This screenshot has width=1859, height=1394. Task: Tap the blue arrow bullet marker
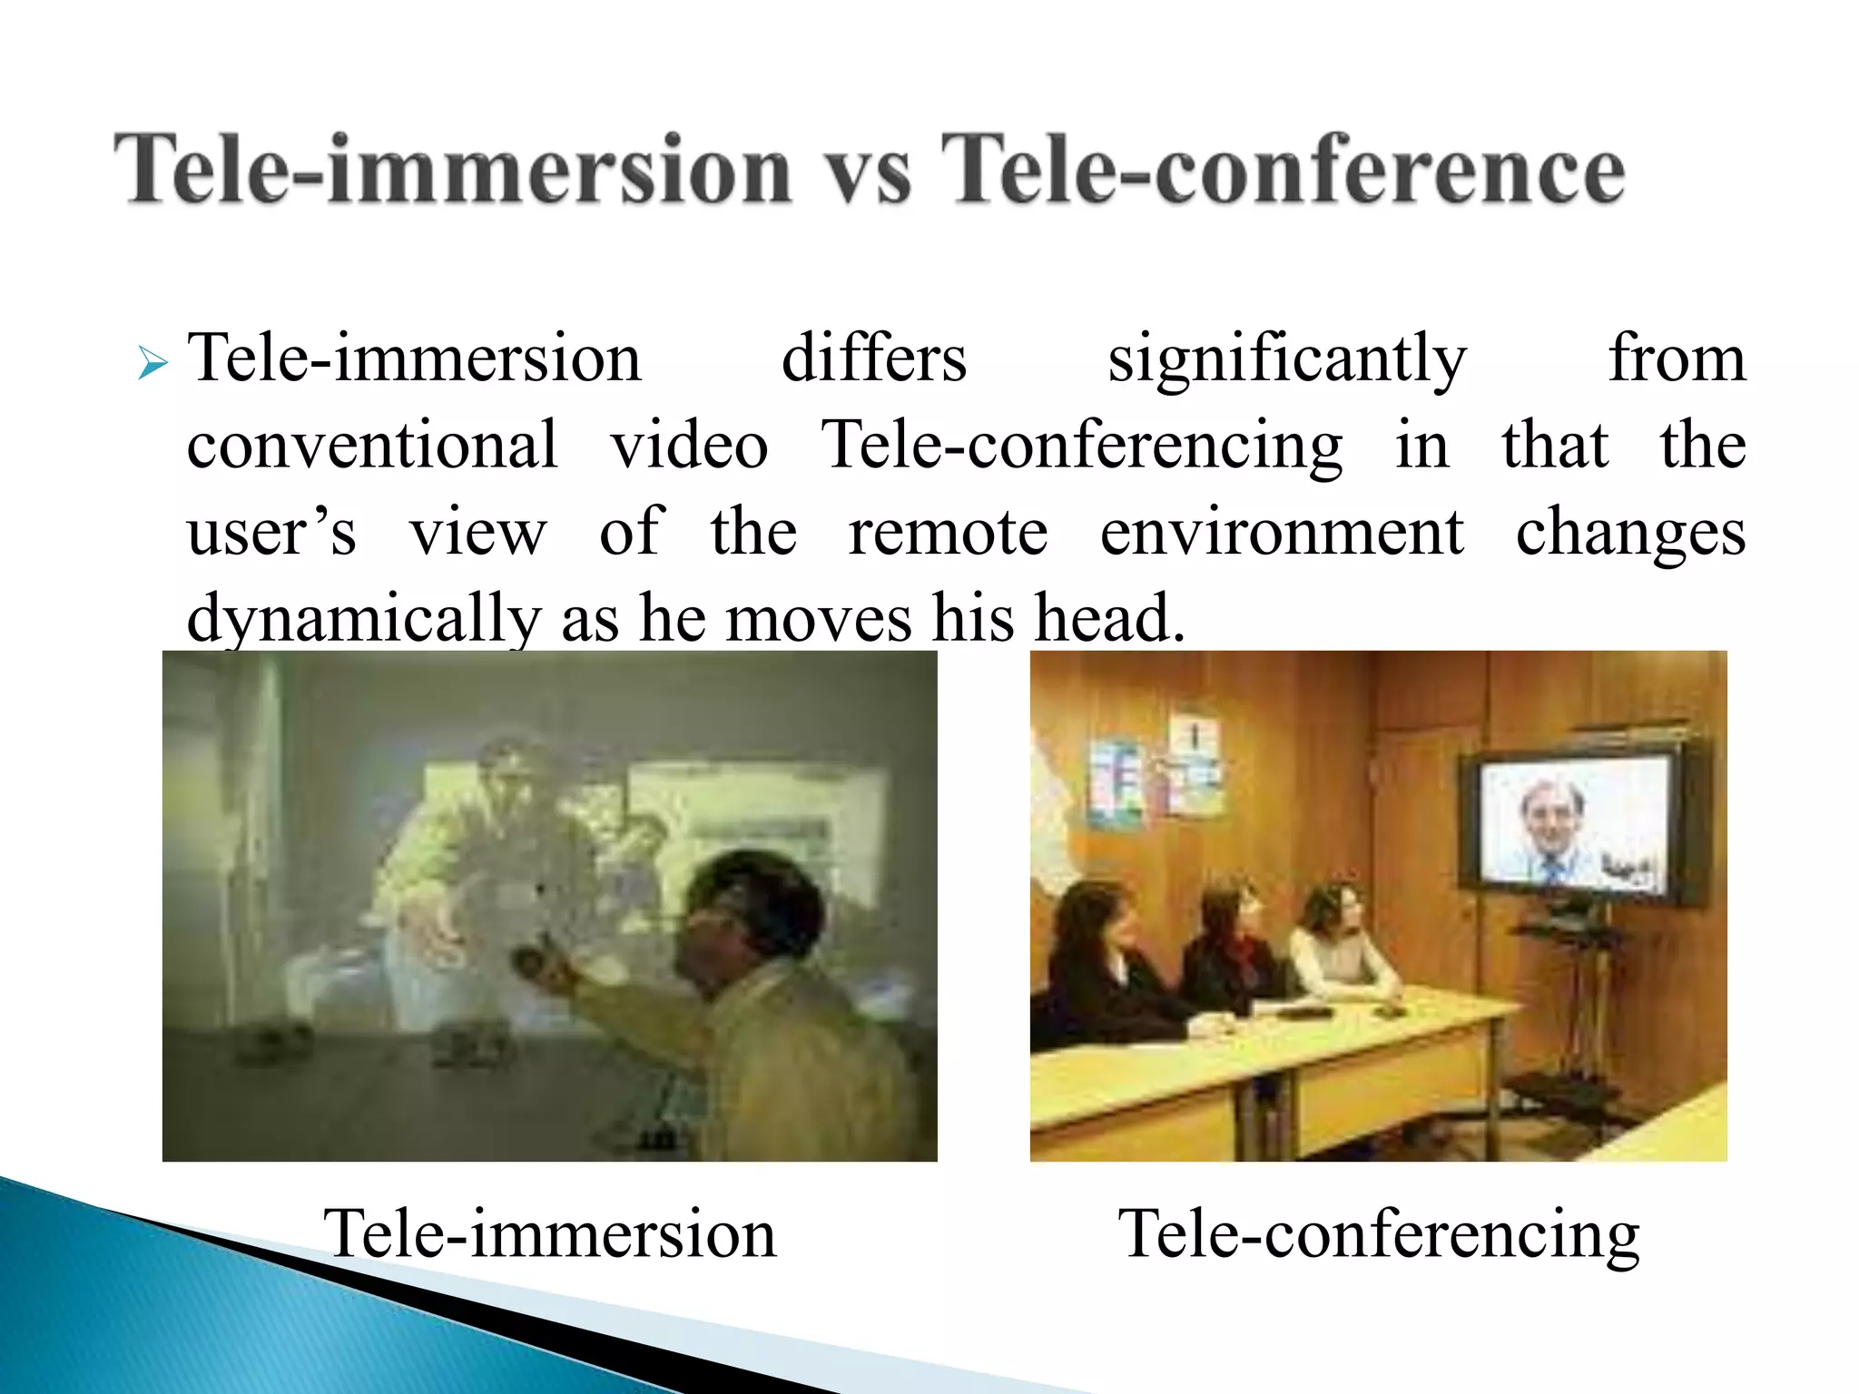tap(153, 365)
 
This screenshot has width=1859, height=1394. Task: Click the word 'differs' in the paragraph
tap(873, 358)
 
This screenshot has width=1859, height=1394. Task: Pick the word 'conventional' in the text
tap(372, 445)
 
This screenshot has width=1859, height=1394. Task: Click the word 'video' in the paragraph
tap(689, 445)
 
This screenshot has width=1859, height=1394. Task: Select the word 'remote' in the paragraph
tap(948, 532)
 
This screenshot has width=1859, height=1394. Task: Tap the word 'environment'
tap(1282, 532)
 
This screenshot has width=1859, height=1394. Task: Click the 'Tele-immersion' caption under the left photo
tap(550, 1233)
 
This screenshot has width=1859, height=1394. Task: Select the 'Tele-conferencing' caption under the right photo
tap(1379, 1235)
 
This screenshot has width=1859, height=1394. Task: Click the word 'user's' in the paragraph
tap(271, 532)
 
